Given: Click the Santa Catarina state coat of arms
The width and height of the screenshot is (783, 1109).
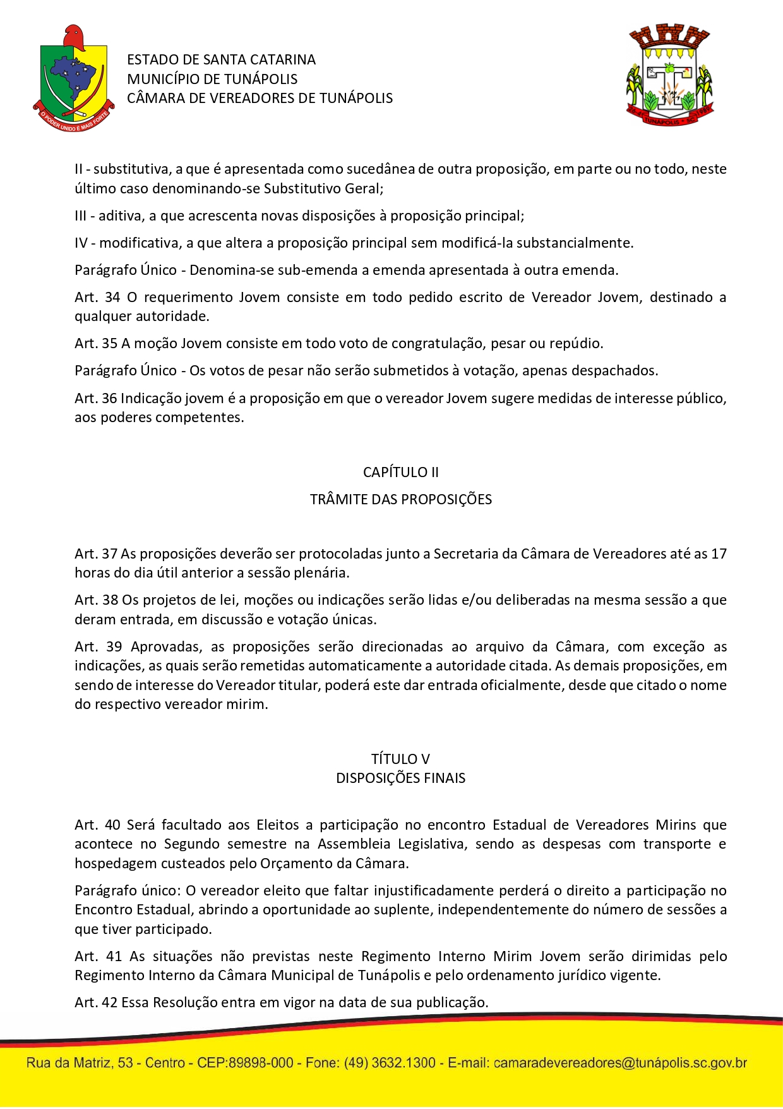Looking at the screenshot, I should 73,78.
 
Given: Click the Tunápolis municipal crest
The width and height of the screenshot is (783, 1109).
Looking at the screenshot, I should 669,75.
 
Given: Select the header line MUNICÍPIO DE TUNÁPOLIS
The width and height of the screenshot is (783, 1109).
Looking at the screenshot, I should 212,79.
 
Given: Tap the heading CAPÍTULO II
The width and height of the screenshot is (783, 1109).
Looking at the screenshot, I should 400,472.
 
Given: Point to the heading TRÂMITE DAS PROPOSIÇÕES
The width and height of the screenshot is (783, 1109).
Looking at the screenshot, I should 400,499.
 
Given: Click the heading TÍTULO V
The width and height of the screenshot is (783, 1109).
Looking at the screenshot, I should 400,759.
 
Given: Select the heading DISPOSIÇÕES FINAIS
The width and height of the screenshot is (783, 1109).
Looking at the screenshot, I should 400,778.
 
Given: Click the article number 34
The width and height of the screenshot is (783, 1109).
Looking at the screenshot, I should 112,297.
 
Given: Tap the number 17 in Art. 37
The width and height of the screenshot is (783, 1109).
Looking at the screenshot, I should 719,554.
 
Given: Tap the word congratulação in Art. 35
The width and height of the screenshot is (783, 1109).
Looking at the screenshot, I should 421,343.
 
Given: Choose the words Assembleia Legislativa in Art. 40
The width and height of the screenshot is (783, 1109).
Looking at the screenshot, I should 392,844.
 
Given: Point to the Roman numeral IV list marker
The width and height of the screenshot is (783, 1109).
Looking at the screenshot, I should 81,243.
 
